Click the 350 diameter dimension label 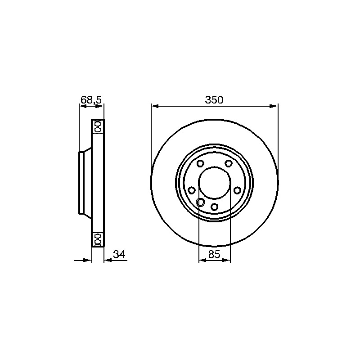coord(214,100)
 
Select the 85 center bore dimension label coord(214,254)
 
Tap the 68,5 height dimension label coord(91,100)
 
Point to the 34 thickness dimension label coord(119,254)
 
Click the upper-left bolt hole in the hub coord(200,163)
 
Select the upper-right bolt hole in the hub coord(228,163)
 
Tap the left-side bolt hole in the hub coord(192,190)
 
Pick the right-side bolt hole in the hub coord(237,190)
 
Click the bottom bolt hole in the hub coord(215,207)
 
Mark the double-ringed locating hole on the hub coord(200,202)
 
